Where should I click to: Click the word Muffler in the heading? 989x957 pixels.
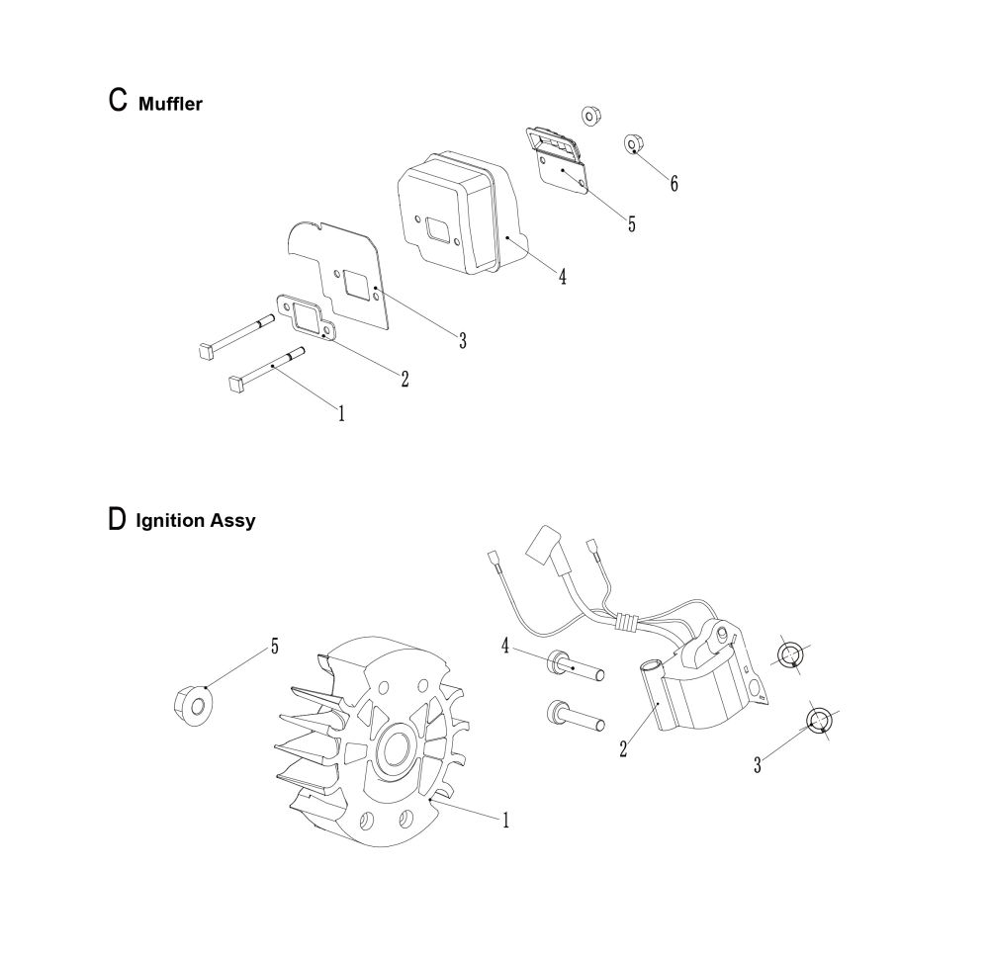click(x=170, y=104)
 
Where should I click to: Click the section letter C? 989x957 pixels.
click(x=118, y=100)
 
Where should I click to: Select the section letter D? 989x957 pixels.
click(x=118, y=519)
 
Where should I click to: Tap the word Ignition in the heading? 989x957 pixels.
click(x=170, y=521)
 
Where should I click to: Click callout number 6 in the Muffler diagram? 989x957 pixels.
click(x=674, y=184)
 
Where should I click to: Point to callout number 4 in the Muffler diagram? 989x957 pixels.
click(x=562, y=276)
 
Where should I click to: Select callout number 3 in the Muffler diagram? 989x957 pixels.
click(x=463, y=340)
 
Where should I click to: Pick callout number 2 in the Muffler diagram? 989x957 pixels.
click(x=405, y=379)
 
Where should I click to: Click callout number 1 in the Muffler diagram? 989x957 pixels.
click(x=341, y=413)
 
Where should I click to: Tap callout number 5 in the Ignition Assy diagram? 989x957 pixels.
click(x=274, y=647)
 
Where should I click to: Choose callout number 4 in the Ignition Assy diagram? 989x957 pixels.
click(x=505, y=646)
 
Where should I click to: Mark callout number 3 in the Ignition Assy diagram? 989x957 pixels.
click(x=758, y=765)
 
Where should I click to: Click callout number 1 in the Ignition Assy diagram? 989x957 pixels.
click(x=505, y=821)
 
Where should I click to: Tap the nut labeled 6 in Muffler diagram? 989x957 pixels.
click(x=633, y=143)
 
